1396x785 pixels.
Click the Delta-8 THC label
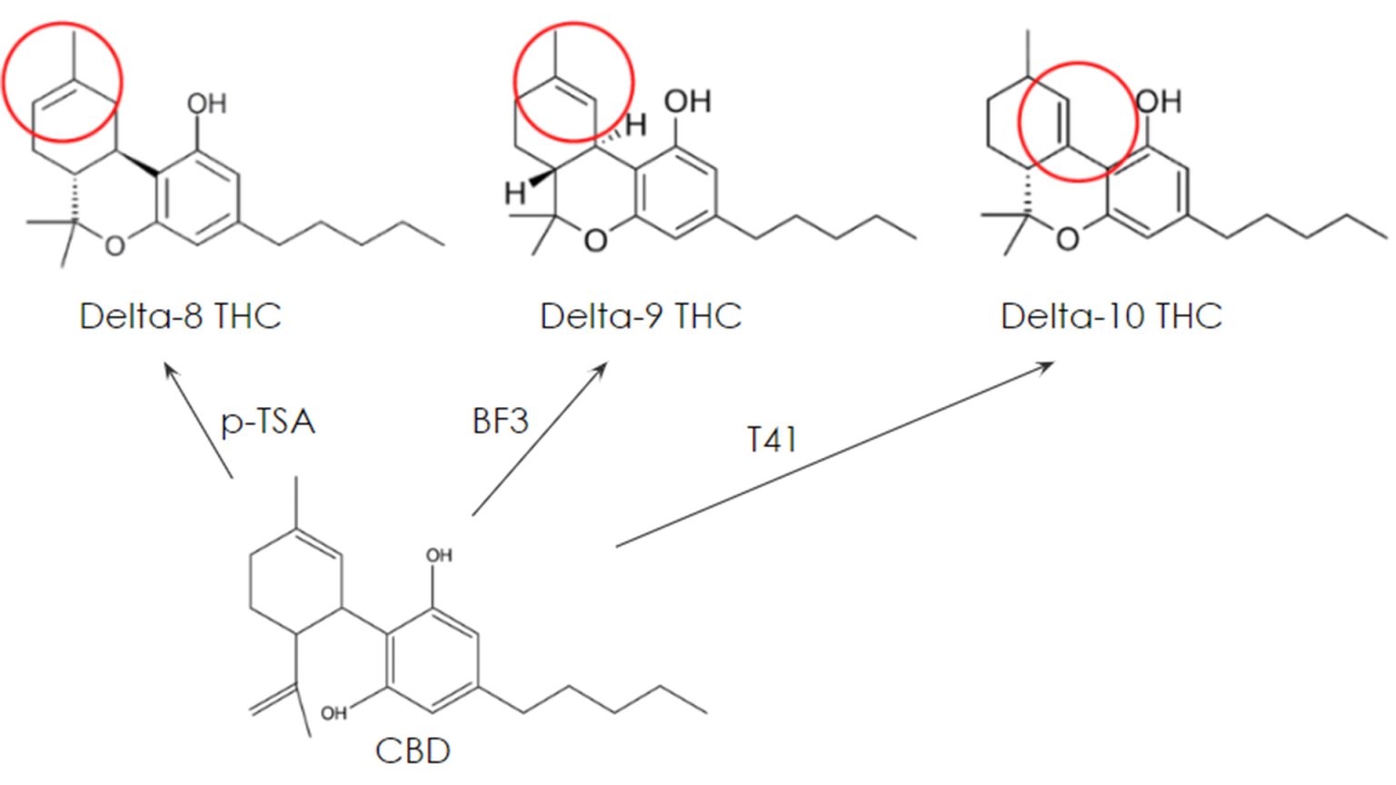click(180, 316)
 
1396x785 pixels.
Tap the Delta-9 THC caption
click(641, 316)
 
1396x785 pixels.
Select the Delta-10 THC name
click(1112, 316)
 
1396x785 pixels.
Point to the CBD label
click(413, 750)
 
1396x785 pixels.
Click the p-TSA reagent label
click(268, 423)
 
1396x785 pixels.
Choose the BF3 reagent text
click(501, 422)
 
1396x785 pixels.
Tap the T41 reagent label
click(772, 439)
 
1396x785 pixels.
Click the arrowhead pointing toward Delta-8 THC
click(170, 372)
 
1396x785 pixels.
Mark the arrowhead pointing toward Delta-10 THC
click(1045, 367)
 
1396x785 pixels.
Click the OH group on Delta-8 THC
click(207, 104)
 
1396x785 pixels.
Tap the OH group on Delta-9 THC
click(688, 101)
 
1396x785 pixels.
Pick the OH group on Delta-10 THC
click(1159, 102)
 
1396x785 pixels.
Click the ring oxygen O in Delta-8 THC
click(115, 245)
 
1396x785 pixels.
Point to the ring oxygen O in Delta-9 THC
click(596, 241)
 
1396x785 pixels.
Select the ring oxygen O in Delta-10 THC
click(1068, 239)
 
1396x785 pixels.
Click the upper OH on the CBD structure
click(439, 555)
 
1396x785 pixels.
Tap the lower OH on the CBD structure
click(334, 713)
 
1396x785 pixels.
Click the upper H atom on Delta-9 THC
click(635, 125)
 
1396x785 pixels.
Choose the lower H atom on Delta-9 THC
click(515, 194)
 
